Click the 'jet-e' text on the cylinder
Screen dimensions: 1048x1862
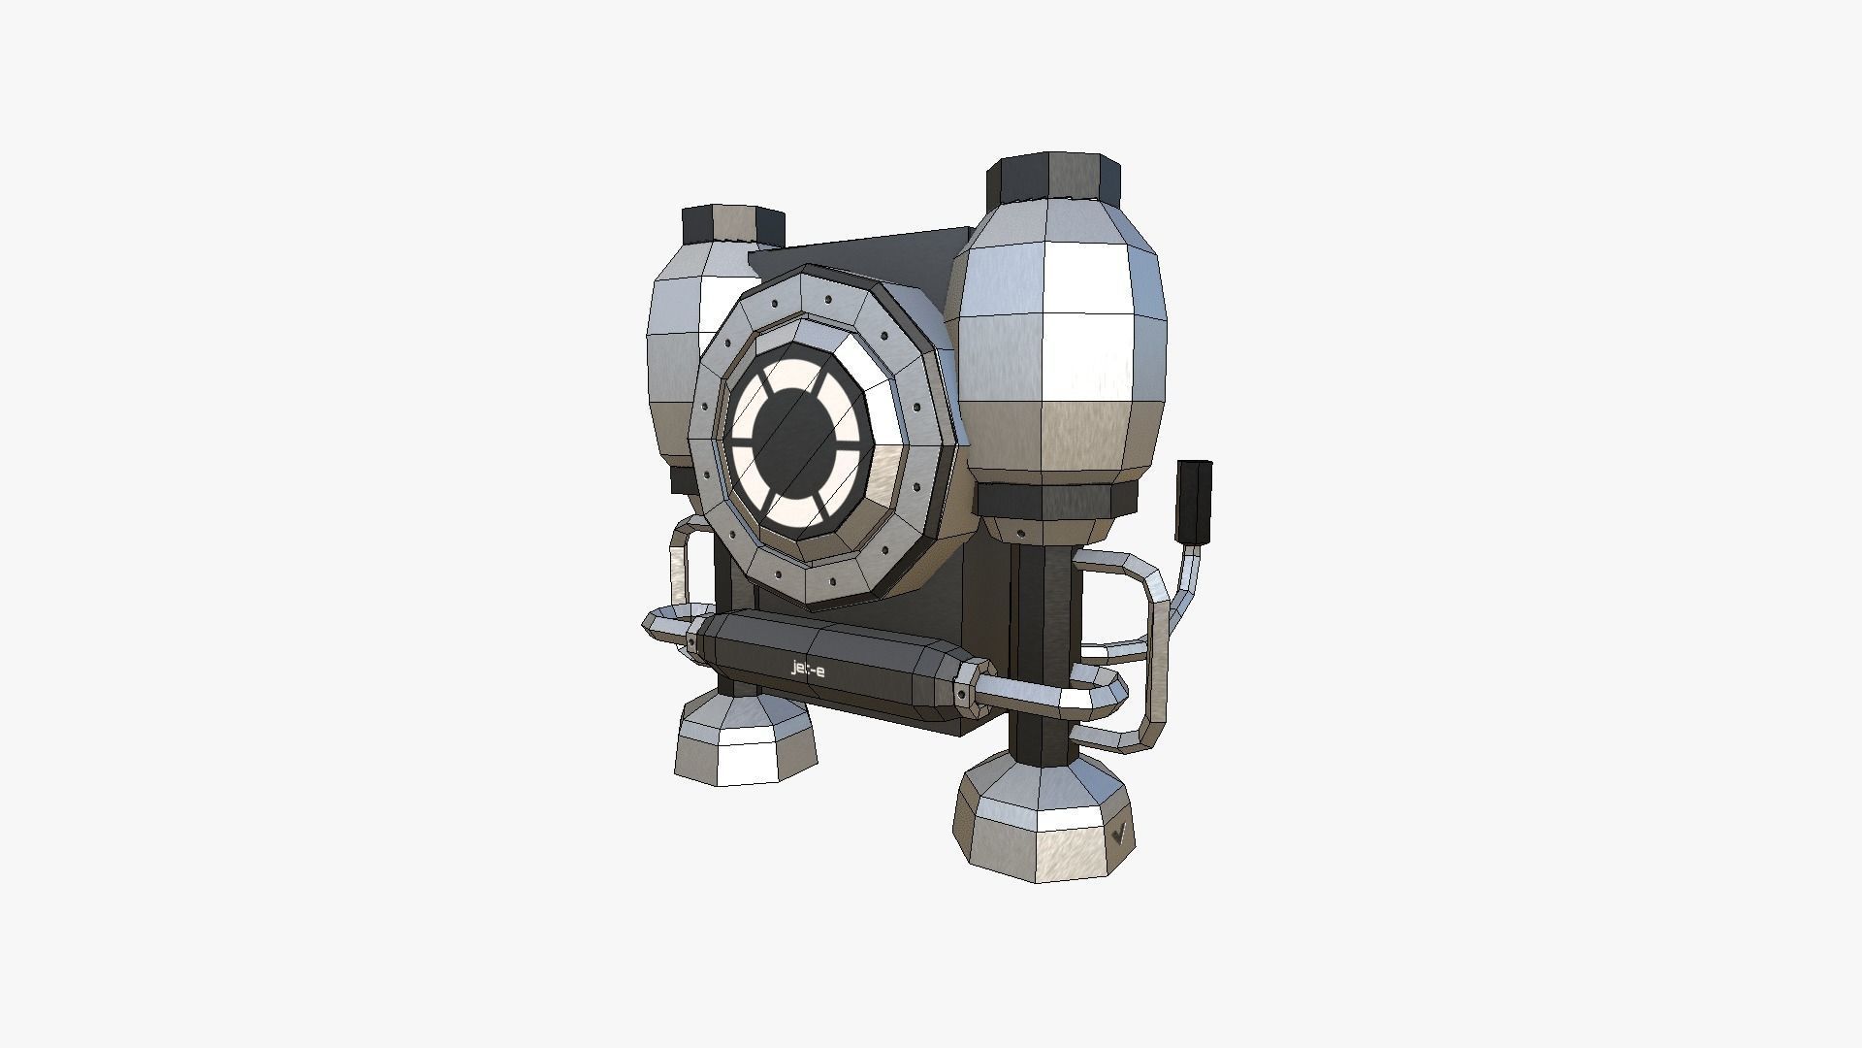(809, 668)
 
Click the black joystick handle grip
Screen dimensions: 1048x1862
(1193, 501)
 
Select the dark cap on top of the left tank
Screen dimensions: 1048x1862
(732, 224)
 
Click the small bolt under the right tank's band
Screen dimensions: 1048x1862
(1021, 533)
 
